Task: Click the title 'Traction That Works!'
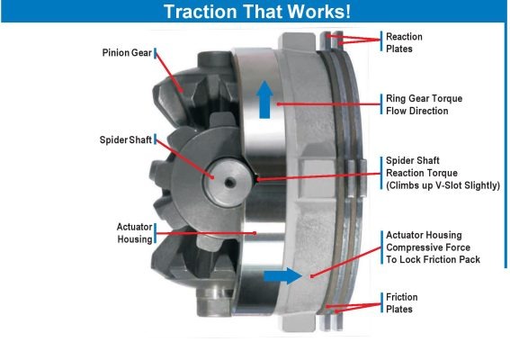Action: coord(257,12)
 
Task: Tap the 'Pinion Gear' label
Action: coord(127,53)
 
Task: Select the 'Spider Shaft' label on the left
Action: coord(126,139)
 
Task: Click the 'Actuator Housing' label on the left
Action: coord(135,233)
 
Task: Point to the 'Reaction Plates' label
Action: coord(404,42)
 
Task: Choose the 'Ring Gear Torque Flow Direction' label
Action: coord(425,104)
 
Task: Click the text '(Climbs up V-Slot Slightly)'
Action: coord(443,185)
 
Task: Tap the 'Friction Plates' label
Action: coord(402,303)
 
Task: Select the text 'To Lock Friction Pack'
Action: coord(433,259)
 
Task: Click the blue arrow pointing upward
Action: coord(264,99)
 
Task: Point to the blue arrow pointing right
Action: coord(282,276)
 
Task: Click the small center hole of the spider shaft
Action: coord(229,183)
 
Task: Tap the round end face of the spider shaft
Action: coord(228,182)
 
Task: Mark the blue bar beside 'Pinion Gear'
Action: coord(155,53)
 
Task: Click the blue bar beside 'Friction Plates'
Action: coord(381,302)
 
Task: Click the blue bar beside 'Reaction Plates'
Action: coord(381,41)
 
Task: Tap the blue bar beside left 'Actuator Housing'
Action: coord(155,233)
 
